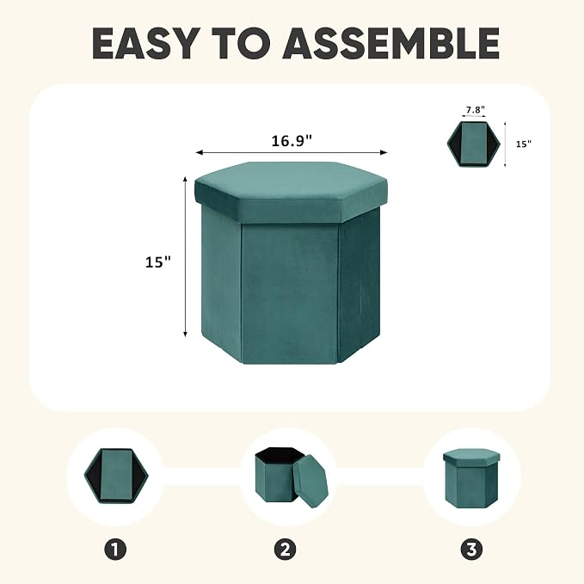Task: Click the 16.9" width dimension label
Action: [x=292, y=141]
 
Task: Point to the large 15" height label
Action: [x=158, y=261]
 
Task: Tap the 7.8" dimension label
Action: [x=476, y=110]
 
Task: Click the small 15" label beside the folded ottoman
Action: [x=523, y=144]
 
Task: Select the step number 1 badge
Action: [x=115, y=549]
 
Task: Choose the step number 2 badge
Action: [x=285, y=549]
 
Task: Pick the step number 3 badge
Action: [x=471, y=549]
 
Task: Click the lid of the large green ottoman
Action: [x=291, y=192]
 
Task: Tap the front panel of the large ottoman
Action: [x=290, y=293]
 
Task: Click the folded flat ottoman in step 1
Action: [x=116, y=476]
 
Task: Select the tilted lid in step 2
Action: [x=310, y=481]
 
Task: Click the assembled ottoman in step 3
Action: [x=471, y=478]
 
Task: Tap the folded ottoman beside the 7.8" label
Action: [x=473, y=144]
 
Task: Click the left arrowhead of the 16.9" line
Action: [x=199, y=152]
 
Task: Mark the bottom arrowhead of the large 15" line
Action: [x=185, y=334]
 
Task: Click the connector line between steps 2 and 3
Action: [x=380, y=476]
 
